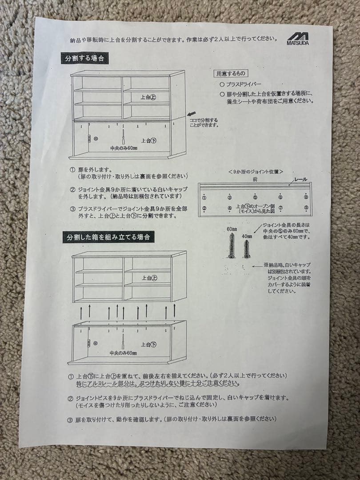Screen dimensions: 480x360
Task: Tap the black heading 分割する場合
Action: [85, 58]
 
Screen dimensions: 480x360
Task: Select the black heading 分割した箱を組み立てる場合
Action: [108, 237]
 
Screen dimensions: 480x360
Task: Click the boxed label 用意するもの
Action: [231, 74]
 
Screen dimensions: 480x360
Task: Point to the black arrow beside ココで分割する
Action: [192, 114]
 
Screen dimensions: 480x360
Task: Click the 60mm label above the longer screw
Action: [231, 229]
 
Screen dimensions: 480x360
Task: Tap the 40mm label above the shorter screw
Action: [246, 236]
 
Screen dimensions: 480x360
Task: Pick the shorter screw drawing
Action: [246, 250]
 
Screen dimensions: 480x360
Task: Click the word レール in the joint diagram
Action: [300, 180]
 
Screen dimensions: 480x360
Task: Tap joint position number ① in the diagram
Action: [204, 197]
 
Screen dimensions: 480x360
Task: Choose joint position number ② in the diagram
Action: [204, 208]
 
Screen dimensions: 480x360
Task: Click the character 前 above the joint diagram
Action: [255, 179]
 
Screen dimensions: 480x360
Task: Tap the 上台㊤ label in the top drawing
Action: [148, 97]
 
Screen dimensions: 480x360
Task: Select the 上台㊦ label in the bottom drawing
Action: [149, 344]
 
